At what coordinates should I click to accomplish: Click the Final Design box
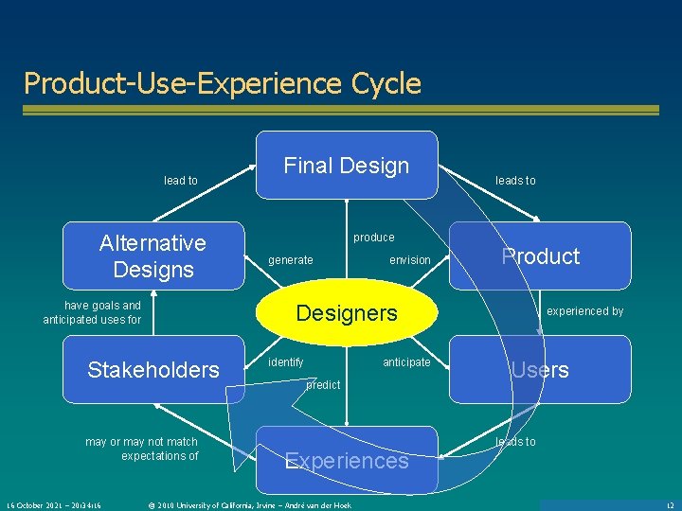pyautogui.click(x=347, y=166)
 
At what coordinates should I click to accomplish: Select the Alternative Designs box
pyautogui.click(x=153, y=255)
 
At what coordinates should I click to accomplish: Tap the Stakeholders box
pyautogui.click(x=153, y=369)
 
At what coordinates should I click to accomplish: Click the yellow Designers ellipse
pyautogui.click(x=347, y=313)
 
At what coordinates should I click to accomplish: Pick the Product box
pyautogui.click(x=540, y=255)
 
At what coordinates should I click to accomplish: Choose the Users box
pyautogui.click(x=540, y=369)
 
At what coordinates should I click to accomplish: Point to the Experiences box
pyautogui.click(x=347, y=461)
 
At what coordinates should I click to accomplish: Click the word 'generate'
pyautogui.click(x=291, y=260)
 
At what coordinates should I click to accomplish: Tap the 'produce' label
pyautogui.click(x=374, y=238)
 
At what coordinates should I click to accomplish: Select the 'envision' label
pyautogui.click(x=410, y=260)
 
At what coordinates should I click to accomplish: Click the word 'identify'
pyautogui.click(x=286, y=362)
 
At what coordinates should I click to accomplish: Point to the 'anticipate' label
pyautogui.click(x=406, y=362)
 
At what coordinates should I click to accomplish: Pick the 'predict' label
pyautogui.click(x=323, y=385)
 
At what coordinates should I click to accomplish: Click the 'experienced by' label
pyautogui.click(x=585, y=311)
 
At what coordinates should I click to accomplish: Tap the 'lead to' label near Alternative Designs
pyautogui.click(x=181, y=181)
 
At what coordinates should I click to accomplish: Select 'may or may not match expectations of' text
pyautogui.click(x=142, y=449)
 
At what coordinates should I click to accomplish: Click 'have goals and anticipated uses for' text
pyautogui.click(x=92, y=312)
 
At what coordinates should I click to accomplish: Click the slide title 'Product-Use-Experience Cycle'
pyautogui.click(x=223, y=83)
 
